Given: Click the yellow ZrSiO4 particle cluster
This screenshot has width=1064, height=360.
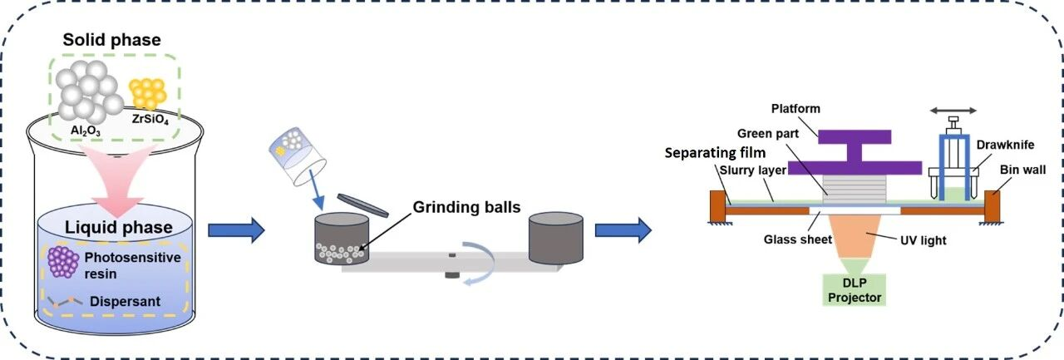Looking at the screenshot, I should coord(149,93).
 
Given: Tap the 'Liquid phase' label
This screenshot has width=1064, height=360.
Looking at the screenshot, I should coord(118,227).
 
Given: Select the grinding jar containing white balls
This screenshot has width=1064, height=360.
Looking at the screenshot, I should coord(342,239).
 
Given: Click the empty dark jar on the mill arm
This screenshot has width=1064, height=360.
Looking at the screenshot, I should coord(557,238).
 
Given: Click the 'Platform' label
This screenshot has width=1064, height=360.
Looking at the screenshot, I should coord(795,109).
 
